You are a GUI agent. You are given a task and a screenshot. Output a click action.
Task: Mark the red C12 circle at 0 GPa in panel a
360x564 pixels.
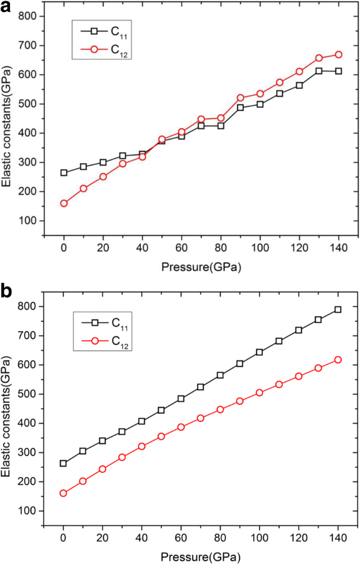point(64,203)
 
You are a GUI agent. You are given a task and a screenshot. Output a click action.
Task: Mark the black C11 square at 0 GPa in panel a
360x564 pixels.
point(64,172)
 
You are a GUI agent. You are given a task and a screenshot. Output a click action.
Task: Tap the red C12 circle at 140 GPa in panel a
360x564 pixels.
point(338,55)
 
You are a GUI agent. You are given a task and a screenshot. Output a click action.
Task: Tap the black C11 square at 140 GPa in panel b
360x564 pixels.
point(338,310)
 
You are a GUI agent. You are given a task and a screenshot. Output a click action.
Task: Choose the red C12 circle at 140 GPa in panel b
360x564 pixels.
point(338,360)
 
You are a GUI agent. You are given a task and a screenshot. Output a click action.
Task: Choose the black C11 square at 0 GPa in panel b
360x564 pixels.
point(64,463)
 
